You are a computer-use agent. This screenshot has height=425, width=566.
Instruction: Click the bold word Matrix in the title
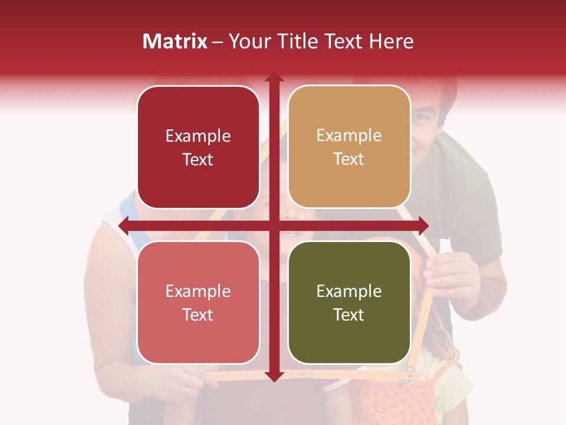click(x=175, y=41)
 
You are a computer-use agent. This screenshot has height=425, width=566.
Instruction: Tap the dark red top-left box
click(x=198, y=148)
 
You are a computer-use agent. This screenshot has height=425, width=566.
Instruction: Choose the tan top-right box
click(x=349, y=147)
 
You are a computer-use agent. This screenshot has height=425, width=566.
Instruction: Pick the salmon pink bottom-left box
click(x=198, y=302)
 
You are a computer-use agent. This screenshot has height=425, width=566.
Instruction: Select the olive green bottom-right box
click(x=349, y=302)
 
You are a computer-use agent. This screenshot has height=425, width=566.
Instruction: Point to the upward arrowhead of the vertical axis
click(x=274, y=77)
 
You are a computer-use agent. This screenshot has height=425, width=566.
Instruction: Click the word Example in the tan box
click(x=349, y=136)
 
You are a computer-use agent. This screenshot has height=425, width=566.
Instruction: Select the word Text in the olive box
click(x=349, y=315)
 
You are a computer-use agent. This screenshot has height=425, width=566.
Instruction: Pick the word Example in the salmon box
click(x=198, y=291)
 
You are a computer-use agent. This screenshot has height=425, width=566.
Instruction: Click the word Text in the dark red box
click(x=198, y=159)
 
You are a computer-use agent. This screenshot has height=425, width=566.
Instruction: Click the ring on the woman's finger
click(x=187, y=390)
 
